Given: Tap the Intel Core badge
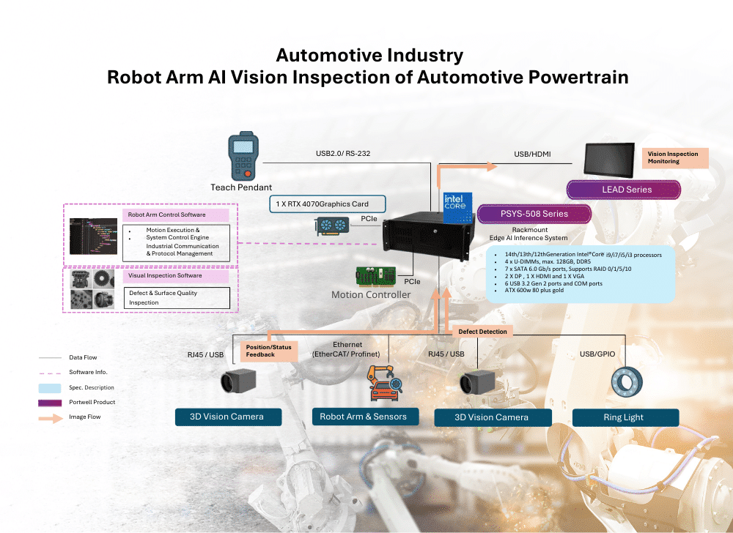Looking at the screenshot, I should pyautogui.click(x=454, y=207).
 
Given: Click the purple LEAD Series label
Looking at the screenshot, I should pyautogui.click(x=626, y=189).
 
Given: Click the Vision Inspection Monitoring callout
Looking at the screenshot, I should pyautogui.click(x=677, y=157).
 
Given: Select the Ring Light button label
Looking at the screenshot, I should pyautogui.click(x=624, y=417).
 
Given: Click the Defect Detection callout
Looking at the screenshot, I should pyautogui.click(x=482, y=332).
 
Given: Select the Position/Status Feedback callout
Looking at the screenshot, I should pyautogui.click(x=269, y=351).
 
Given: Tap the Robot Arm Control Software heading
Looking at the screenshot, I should pyautogui.click(x=167, y=215).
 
